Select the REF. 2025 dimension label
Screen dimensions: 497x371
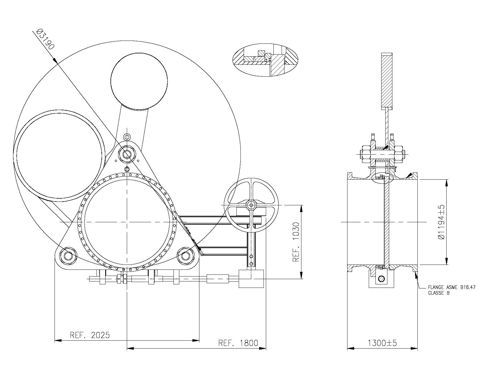pyautogui.click(x=90, y=335)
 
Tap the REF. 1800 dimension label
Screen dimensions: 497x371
pyautogui.click(x=238, y=343)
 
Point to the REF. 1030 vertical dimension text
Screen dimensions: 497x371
pyautogui.click(x=296, y=242)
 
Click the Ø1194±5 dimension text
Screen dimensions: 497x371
pyautogui.click(x=441, y=222)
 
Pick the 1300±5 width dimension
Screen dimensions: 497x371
pyautogui.click(x=382, y=343)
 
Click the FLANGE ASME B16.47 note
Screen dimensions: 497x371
pyautogui.click(x=452, y=287)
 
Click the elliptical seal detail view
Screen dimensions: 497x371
pyautogui.click(x=266, y=60)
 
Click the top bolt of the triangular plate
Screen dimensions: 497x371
pyautogui.click(x=127, y=154)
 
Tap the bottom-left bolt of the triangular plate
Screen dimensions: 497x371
pyautogui.click(x=69, y=256)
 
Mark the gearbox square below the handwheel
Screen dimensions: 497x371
pyautogui.click(x=251, y=279)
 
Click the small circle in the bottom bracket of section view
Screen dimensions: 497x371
pyautogui.click(x=381, y=279)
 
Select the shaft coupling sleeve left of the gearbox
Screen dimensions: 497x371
pyautogui.click(x=218, y=279)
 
